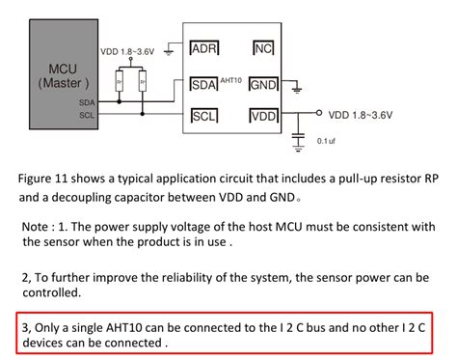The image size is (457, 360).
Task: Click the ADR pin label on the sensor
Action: [x=204, y=49]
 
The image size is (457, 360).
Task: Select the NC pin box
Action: [x=263, y=49]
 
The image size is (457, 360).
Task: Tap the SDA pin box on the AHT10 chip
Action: [x=204, y=84]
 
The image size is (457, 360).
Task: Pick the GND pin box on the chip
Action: [x=263, y=84]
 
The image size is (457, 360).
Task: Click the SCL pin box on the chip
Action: [x=204, y=117]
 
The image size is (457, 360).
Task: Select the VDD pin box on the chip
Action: [x=263, y=117]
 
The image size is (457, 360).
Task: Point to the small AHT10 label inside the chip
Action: [x=232, y=79]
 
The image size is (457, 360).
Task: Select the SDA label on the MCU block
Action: [x=87, y=102]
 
